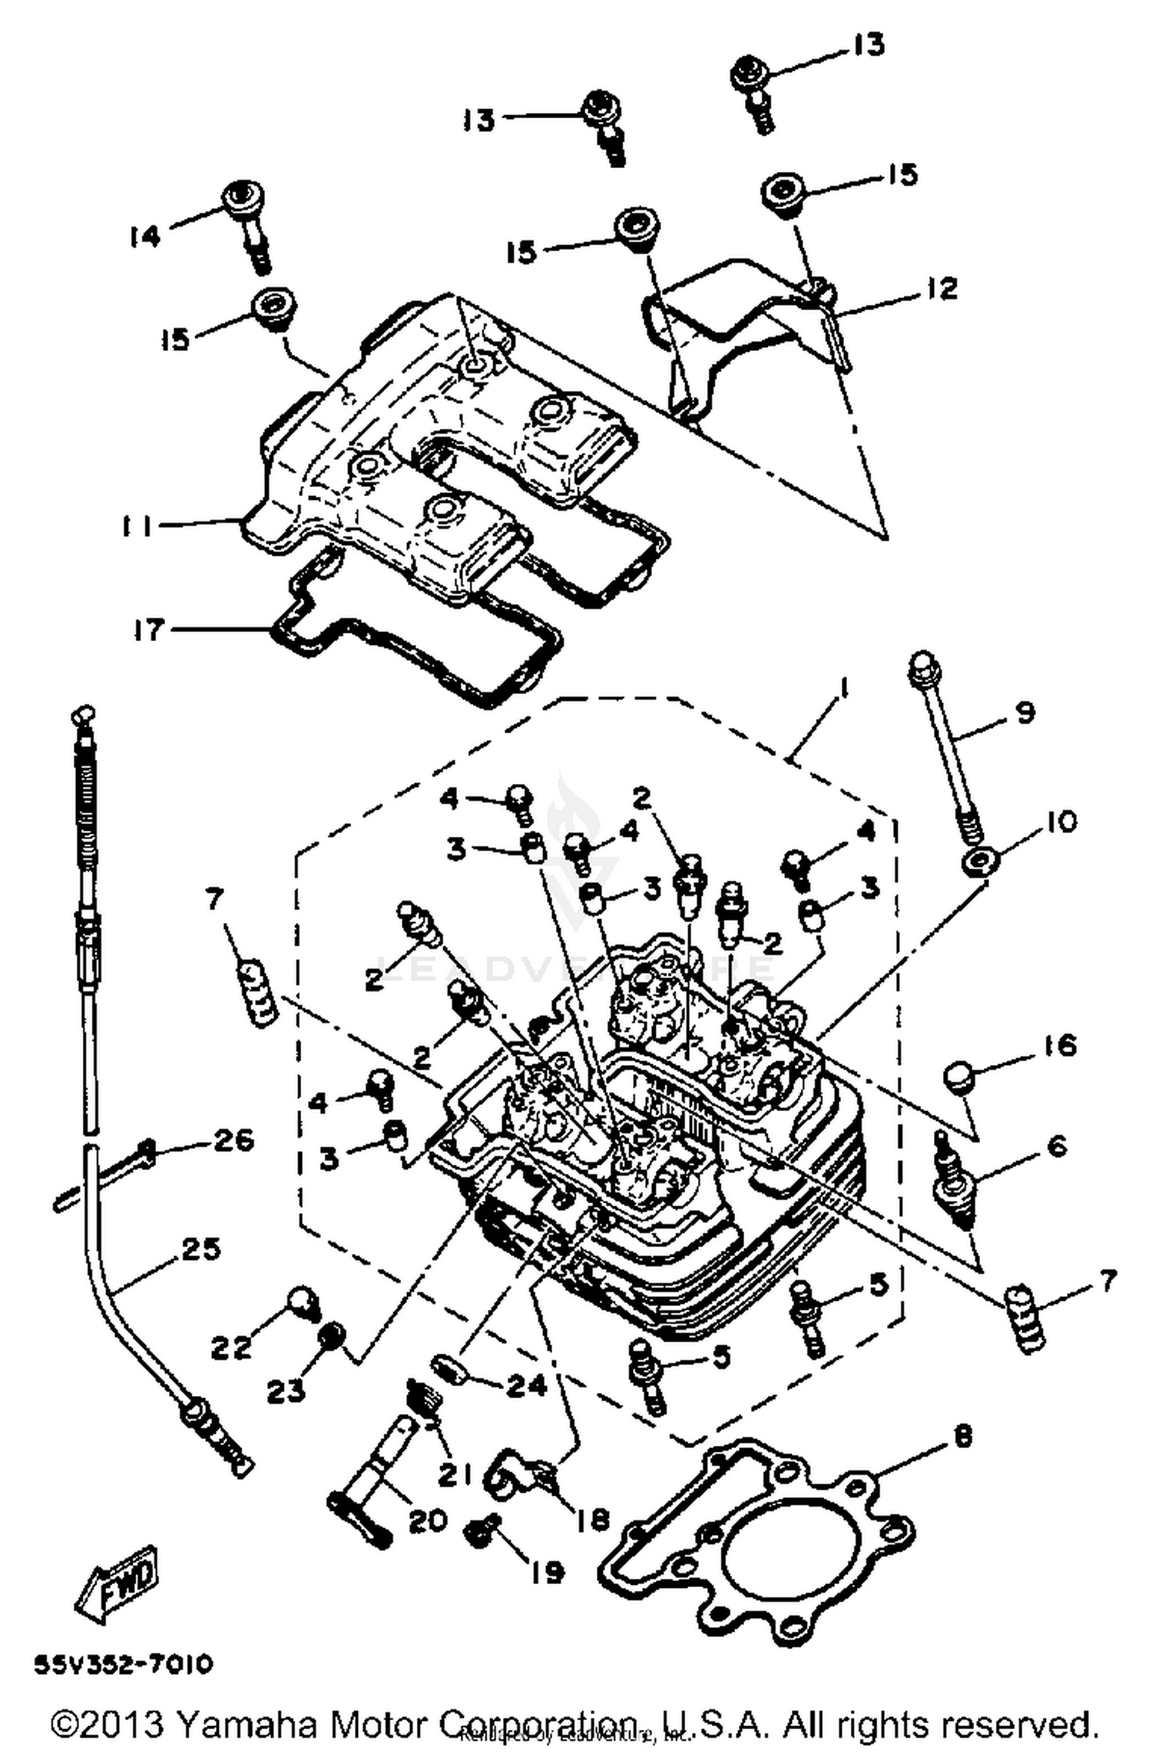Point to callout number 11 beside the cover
point(137,527)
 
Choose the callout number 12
point(942,289)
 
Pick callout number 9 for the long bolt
point(1025,712)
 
